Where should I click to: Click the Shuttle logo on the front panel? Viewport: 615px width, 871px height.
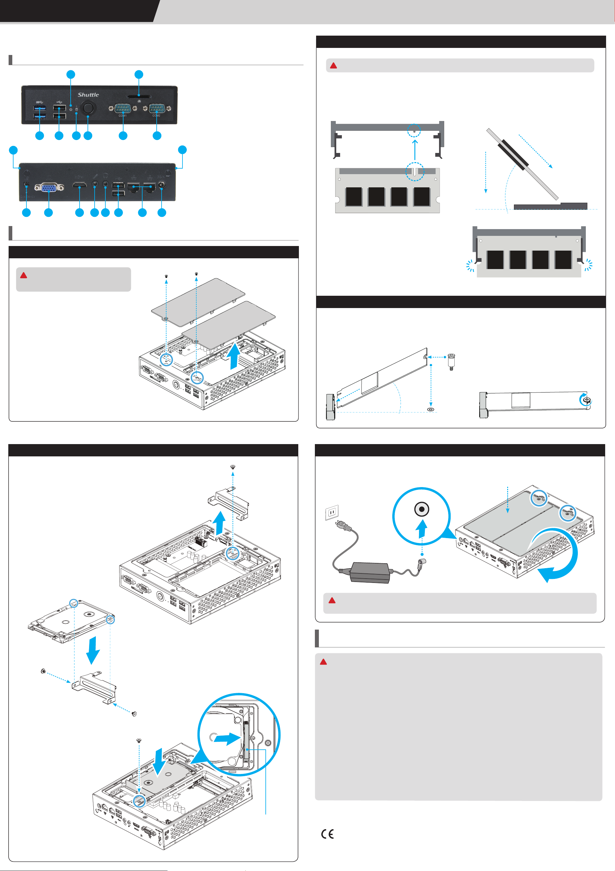coord(88,95)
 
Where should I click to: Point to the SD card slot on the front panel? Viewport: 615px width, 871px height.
coord(139,96)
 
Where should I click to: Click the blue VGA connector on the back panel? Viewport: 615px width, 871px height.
coord(49,187)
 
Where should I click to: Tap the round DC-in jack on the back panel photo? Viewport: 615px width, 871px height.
coord(162,185)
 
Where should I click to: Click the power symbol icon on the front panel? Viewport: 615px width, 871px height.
coord(71,110)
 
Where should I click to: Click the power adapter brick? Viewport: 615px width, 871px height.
coord(370,572)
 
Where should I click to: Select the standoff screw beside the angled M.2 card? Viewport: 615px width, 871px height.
coord(451,362)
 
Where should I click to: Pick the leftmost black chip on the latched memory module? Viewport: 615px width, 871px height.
coord(495,260)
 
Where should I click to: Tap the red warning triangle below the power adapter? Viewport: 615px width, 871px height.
coord(332,600)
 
